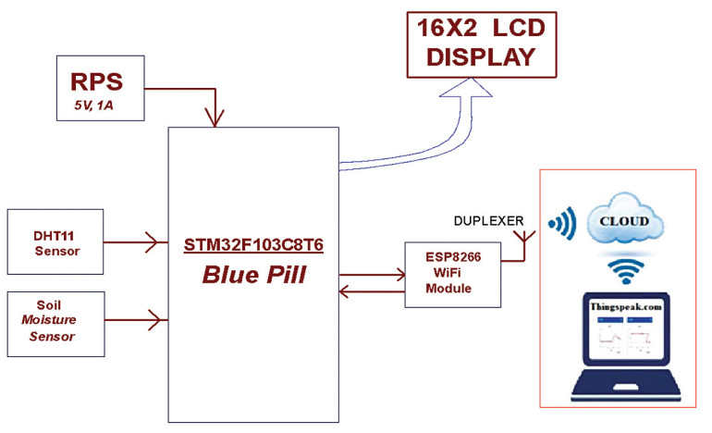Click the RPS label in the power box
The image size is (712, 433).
[96, 81]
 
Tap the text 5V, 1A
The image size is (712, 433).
[93, 105]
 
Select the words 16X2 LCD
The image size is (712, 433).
[481, 28]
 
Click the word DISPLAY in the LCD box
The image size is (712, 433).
[481, 57]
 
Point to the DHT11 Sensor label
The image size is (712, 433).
[56, 243]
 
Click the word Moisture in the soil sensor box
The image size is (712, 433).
[49, 320]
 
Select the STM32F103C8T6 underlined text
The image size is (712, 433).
[253, 245]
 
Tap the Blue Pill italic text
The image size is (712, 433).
[254, 275]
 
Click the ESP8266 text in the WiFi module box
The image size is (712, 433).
[453, 257]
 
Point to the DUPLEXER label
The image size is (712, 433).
[488, 221]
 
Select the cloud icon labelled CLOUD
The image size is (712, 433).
[624, 218]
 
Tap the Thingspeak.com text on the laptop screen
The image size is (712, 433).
[626, 306]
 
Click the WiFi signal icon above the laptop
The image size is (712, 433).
[626, 271]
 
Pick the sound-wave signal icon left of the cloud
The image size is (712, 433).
[562, 224]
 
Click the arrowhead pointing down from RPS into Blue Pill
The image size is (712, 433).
[215, 118]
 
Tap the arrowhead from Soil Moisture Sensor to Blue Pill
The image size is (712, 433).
[156, 320]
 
